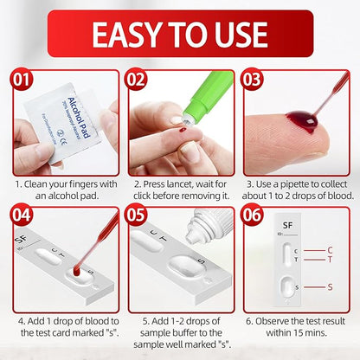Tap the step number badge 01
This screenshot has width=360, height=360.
coord(20,80)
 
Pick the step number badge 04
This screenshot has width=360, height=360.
coord(20,214)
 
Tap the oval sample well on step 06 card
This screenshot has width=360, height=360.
coord(287,286)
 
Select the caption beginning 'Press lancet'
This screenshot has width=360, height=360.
coord(179,190)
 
